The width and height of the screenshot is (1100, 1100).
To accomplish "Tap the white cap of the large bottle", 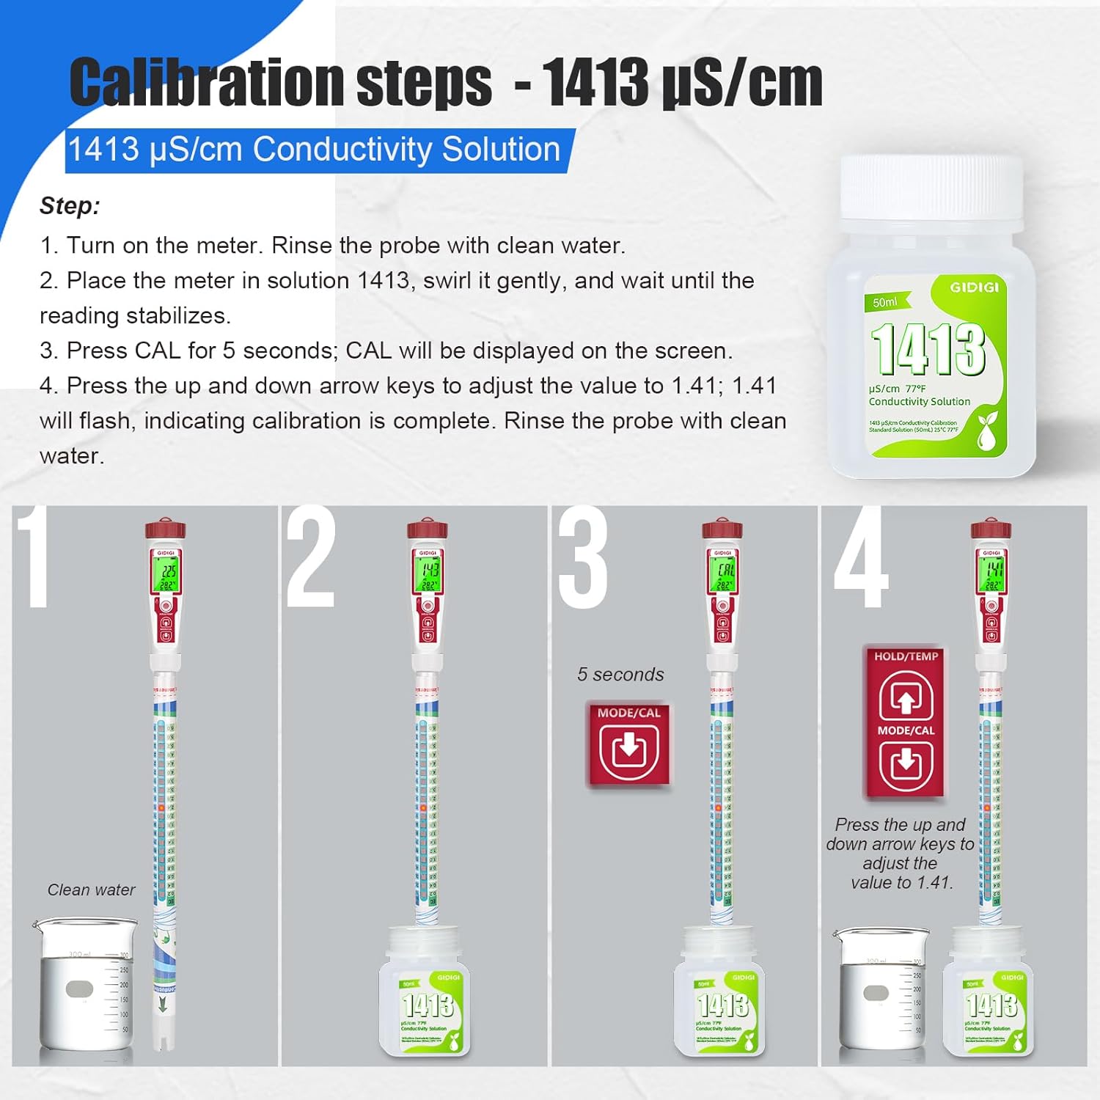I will [931, 189].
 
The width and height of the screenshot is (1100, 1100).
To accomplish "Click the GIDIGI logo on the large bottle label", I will [974, 287].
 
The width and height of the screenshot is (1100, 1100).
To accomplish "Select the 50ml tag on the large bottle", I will [885, 302].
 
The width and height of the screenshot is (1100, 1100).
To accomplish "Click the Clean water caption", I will [91, 890].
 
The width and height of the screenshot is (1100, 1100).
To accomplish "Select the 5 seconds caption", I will [620, 675].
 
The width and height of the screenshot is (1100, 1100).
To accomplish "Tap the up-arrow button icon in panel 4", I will [906, 698].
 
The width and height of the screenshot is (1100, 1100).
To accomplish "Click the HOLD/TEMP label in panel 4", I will [906, 656].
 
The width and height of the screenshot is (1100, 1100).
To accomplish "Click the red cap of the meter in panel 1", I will [165, 529].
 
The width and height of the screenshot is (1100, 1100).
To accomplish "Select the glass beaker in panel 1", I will [84, 986].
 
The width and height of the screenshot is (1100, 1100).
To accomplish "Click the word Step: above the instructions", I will [70, 206].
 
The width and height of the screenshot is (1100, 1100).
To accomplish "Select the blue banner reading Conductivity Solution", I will [315, 150].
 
